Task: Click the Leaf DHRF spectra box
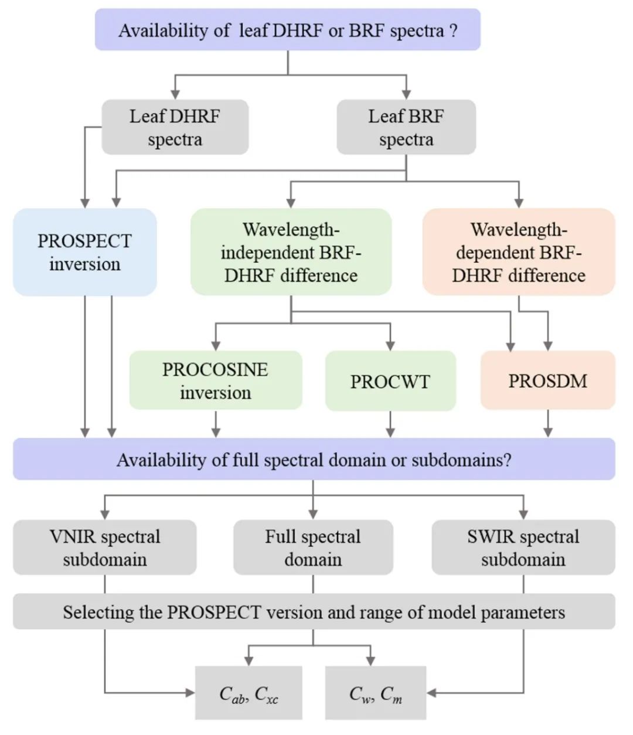tap(175, 127)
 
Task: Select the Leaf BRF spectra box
tap(406, 127)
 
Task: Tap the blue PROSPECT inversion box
tap(84, 252)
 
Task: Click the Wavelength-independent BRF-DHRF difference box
tap(291, 252)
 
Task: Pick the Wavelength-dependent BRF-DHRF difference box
tap(519, 252)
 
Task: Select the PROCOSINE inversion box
tap(215, 380)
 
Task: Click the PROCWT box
tap(390, 381)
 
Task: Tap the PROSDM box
tap(547, 380)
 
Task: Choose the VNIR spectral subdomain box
tap(104, 547)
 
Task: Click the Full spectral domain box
tap(313, 547)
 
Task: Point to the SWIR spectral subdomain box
tap(523, 547)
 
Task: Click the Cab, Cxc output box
tap(249, 693)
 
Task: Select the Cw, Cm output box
tap(376, 693)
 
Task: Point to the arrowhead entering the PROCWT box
tap(390, 345)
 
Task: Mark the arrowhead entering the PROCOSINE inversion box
tap(216, 345)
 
